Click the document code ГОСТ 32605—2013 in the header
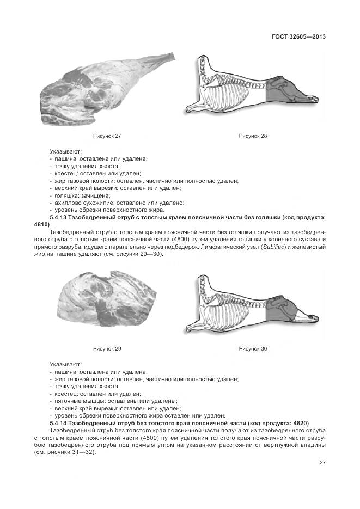[x=298, y=37]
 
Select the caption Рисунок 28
[x=253, y=136]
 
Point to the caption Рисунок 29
[x=107, y=348]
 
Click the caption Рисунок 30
[x=253, y=348]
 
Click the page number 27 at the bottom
[x=322, y=463]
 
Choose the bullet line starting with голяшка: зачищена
[x=82, y=195]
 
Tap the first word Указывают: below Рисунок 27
[x=65, y=150]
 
